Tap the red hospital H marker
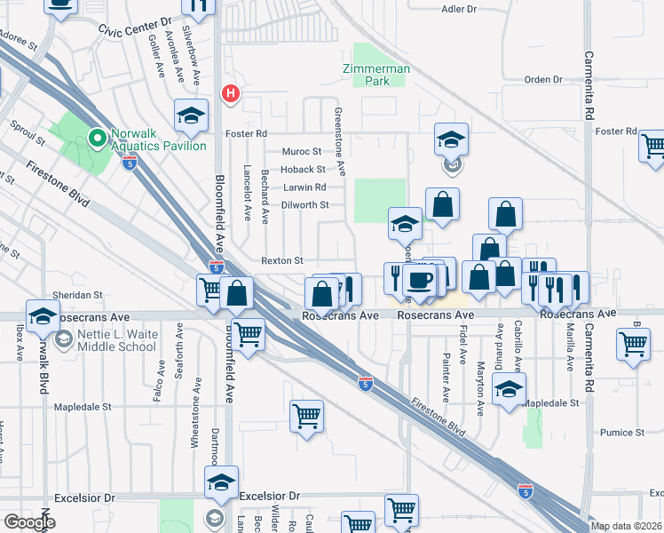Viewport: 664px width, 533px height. pos(231,92)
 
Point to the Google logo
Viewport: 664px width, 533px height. pos(29,522)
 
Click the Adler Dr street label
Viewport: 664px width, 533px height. pos(459,9)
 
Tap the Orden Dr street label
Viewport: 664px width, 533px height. pos(543,79)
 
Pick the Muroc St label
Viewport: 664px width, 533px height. pos(302,152)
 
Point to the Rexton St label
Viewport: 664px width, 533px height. pos(282,260)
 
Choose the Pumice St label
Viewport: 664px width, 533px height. pos(621,433)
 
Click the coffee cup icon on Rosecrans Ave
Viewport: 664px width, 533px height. pos(420,280)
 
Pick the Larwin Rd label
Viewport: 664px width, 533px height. pos(304,187)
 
